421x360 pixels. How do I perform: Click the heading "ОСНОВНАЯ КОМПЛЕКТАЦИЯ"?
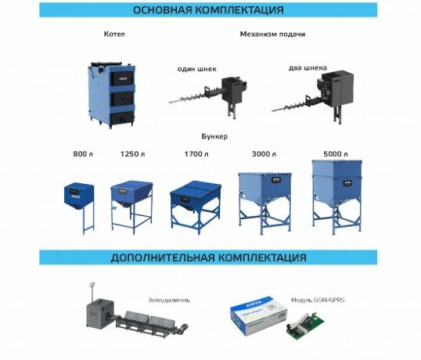(208, 10)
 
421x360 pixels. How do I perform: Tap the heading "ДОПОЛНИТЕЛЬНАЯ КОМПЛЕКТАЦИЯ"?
(208, 257)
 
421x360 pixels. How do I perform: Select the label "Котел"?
(114, 34)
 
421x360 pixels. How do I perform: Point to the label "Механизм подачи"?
(272, 34)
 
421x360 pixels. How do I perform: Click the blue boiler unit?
(111, 95)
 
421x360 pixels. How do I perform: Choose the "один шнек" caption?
(197, 69)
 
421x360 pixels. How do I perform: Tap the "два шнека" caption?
(308, 68)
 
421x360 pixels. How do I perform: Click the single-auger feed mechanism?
(209, 96)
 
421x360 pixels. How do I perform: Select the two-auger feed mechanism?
(313, 96)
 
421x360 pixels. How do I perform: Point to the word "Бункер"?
(214, 136)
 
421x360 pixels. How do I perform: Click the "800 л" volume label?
(83, 154)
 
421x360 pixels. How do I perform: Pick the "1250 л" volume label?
(132, 154)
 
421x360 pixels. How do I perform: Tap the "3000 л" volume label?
(264, 154)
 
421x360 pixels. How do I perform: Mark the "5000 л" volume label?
(336, 154)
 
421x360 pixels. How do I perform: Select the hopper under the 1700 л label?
(196, 207)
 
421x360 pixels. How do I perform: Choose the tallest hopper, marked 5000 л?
(336, 196)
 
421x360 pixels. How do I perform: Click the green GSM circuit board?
(304, 326)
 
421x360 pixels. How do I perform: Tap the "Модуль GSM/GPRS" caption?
(318, 300)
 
